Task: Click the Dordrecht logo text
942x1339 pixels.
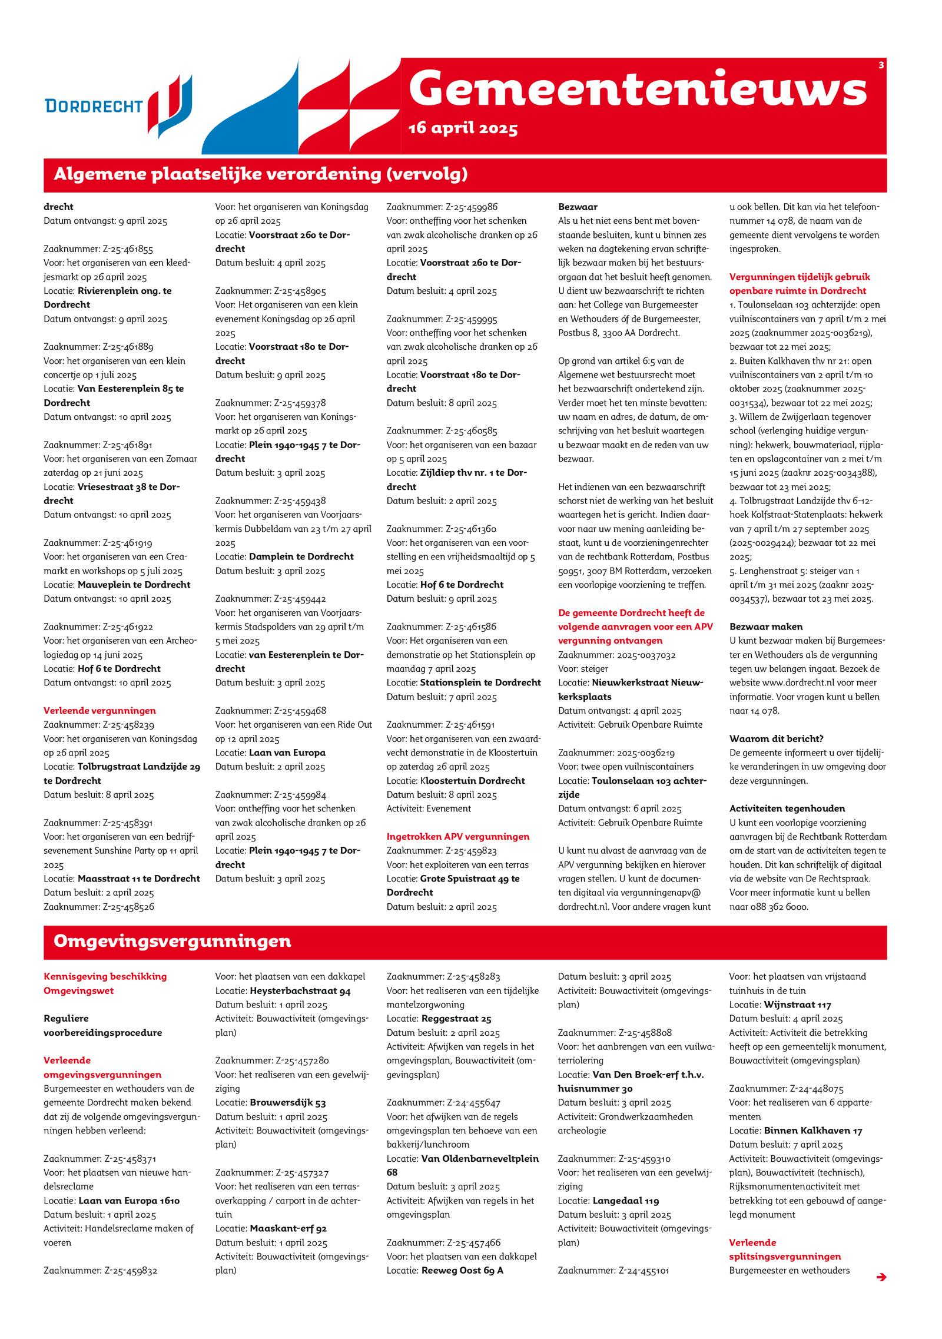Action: [x=94, y=106]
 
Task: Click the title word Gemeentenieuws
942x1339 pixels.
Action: [x=638, y=89]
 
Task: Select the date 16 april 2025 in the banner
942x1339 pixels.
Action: [x=463, y=128]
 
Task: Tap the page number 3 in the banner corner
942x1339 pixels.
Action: [x=881, y=65]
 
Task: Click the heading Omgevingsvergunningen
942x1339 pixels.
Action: [x=173, y=941]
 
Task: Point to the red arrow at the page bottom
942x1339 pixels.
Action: [x=881, y=1277]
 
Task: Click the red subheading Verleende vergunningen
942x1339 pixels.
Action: [x=99, y=711]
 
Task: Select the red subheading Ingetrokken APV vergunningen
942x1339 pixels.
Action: [x=457, y=837]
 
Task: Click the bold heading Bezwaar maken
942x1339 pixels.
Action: [x=765, y=627]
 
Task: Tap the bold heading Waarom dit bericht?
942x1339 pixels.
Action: [x=776, y=738]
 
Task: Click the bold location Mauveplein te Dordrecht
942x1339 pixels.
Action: [x=134, y=585]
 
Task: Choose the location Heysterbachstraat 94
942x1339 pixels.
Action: [x=300, y=991]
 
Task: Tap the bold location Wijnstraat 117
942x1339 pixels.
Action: [x=797, y=1005]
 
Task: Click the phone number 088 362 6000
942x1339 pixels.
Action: [x=779, y=907]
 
